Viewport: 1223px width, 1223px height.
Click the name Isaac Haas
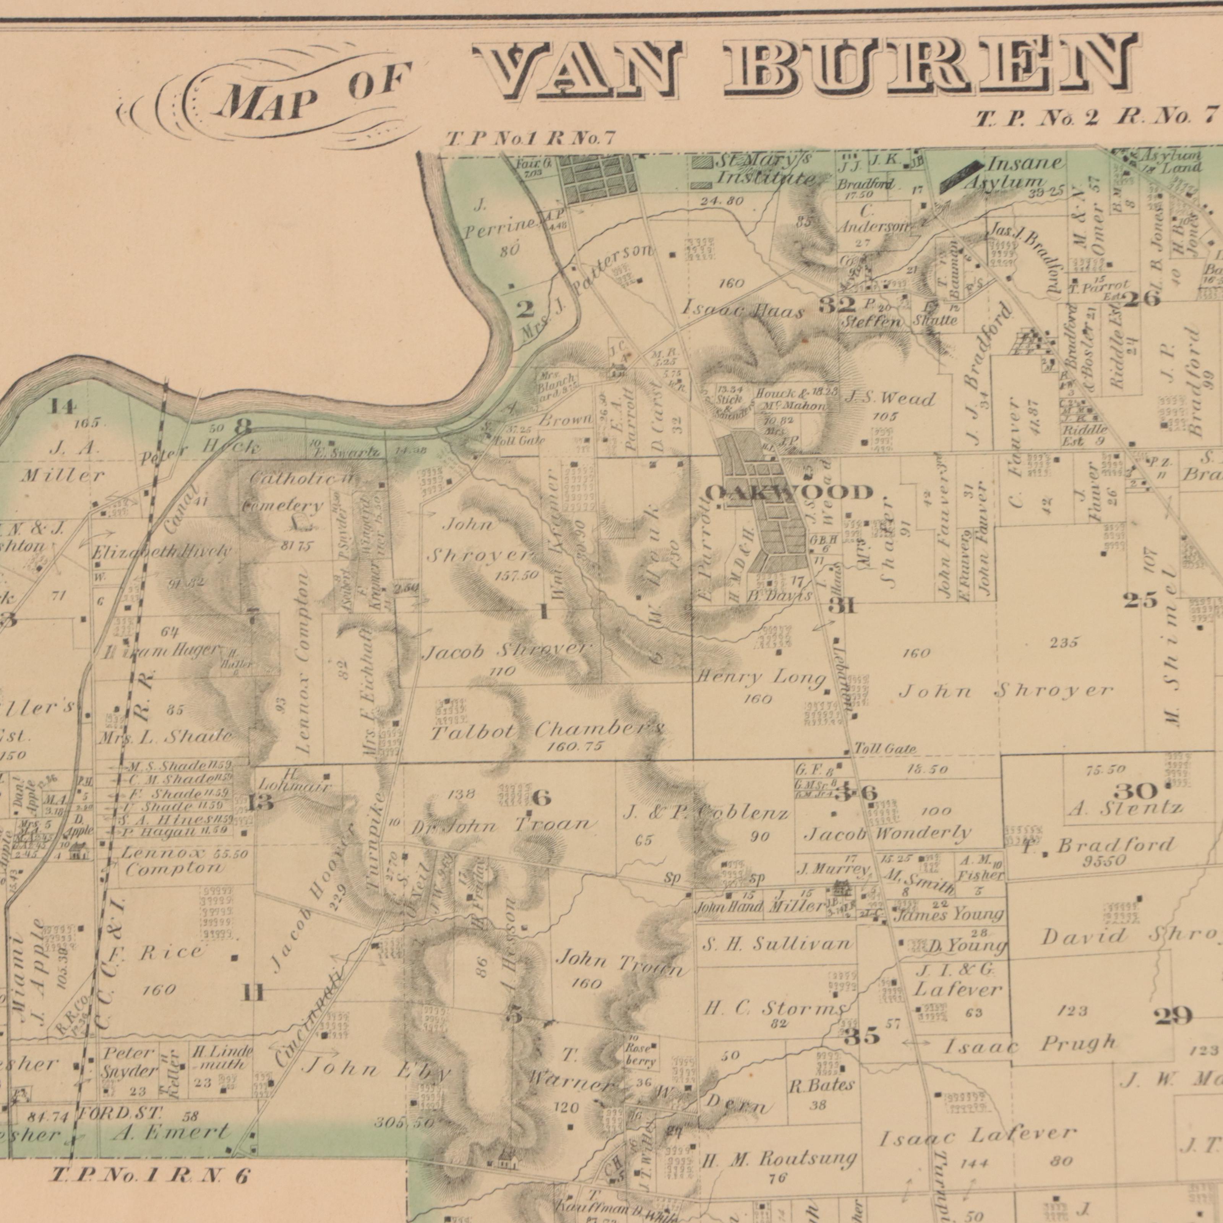click(x=743, y=310)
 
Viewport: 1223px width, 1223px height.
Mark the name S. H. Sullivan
click(x=777, y=944)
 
